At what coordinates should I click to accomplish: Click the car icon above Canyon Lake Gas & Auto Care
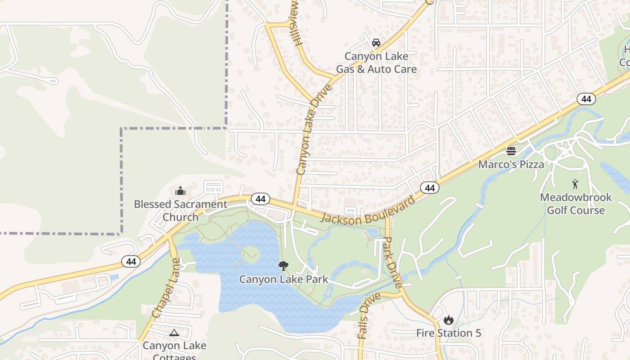coord(376,43)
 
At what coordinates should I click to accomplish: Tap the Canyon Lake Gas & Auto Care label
coord(376,63)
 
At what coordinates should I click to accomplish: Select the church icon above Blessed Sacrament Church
coord(180,191)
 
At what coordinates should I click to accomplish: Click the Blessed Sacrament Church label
coord(180,211)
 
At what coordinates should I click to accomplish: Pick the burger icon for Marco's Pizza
coord(511,151)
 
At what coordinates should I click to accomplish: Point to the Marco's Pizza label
coord(511,164)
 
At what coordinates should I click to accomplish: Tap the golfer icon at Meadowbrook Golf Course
coord(575,184)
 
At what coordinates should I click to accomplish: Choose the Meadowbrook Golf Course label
coord(576,204)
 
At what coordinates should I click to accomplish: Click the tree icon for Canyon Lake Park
coord(283,266)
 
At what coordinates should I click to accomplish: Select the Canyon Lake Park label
coord(283,279)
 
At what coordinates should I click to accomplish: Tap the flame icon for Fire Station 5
coord(448,320)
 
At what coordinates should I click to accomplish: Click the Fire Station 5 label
coord(449,333)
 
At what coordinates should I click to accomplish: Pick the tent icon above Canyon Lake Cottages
coord(174,333)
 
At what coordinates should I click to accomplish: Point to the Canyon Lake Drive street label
coord(314,130)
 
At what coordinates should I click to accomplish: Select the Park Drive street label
coord(391,263)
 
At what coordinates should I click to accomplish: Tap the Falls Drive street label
coord(369,315)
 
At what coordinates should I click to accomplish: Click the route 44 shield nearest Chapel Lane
coord(131,261)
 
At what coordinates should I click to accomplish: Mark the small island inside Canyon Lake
coord(251,254)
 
